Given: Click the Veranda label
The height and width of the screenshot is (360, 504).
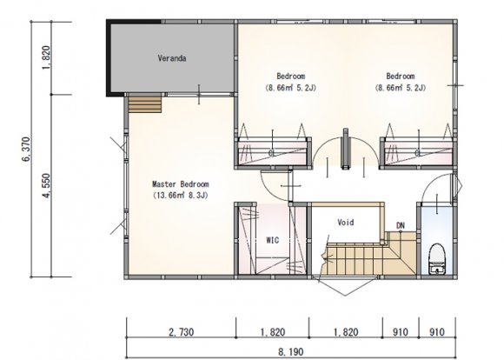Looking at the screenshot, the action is (172, 58).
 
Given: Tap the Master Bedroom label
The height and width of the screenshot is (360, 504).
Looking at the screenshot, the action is (181, 184).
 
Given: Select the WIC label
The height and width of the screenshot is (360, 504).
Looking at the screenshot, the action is (273, 240).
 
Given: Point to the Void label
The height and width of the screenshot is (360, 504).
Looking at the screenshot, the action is (346, 223).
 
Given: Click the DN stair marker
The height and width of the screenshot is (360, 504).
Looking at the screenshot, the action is (401, 225).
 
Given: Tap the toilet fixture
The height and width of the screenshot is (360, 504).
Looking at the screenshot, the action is (437, 258).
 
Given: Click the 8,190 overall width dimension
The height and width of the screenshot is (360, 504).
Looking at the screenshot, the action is (290, 352).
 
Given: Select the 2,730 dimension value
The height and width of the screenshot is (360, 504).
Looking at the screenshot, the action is (182, 332).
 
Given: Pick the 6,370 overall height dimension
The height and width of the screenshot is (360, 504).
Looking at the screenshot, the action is (27, 150).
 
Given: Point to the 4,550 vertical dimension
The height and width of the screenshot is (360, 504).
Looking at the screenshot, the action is (47, 186).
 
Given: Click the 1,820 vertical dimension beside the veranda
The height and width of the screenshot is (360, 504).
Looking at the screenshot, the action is (47, 58).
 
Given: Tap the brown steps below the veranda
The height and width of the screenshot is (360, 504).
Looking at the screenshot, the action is (144, 104).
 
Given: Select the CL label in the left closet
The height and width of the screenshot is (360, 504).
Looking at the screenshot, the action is (272, 153).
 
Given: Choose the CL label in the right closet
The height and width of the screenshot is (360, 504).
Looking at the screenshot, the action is (418, 153).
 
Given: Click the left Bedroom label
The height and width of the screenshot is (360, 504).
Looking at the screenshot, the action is (291, 77).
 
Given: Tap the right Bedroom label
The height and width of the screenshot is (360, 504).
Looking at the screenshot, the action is (401, 77).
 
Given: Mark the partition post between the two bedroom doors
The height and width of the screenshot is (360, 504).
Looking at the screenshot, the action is (346, 149).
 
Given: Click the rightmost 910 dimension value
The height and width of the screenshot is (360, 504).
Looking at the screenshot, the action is (437, 332).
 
